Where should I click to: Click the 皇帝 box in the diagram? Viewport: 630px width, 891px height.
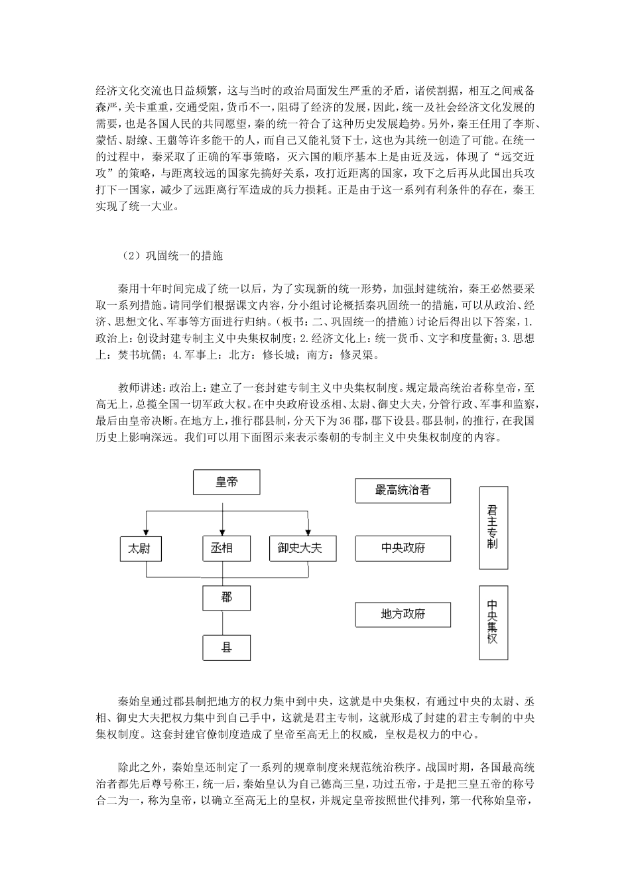[x=226, y=483]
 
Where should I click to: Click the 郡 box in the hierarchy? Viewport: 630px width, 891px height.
[x=226, y=597]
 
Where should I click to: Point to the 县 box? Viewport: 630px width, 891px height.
[x=226, y=646]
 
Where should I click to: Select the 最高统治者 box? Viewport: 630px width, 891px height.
[x=403, y=491]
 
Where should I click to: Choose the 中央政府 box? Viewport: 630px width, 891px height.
[x=403, y=548]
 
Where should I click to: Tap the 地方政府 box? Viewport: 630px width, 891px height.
[x=403, y=615]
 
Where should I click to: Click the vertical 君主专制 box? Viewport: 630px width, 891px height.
[x=493, y=527]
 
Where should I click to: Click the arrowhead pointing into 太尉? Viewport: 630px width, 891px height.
[x=146, y=532]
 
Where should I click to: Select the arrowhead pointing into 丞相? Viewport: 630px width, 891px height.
[x=223, y=532]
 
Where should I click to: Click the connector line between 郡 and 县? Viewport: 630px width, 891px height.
[x=223, y=623]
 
